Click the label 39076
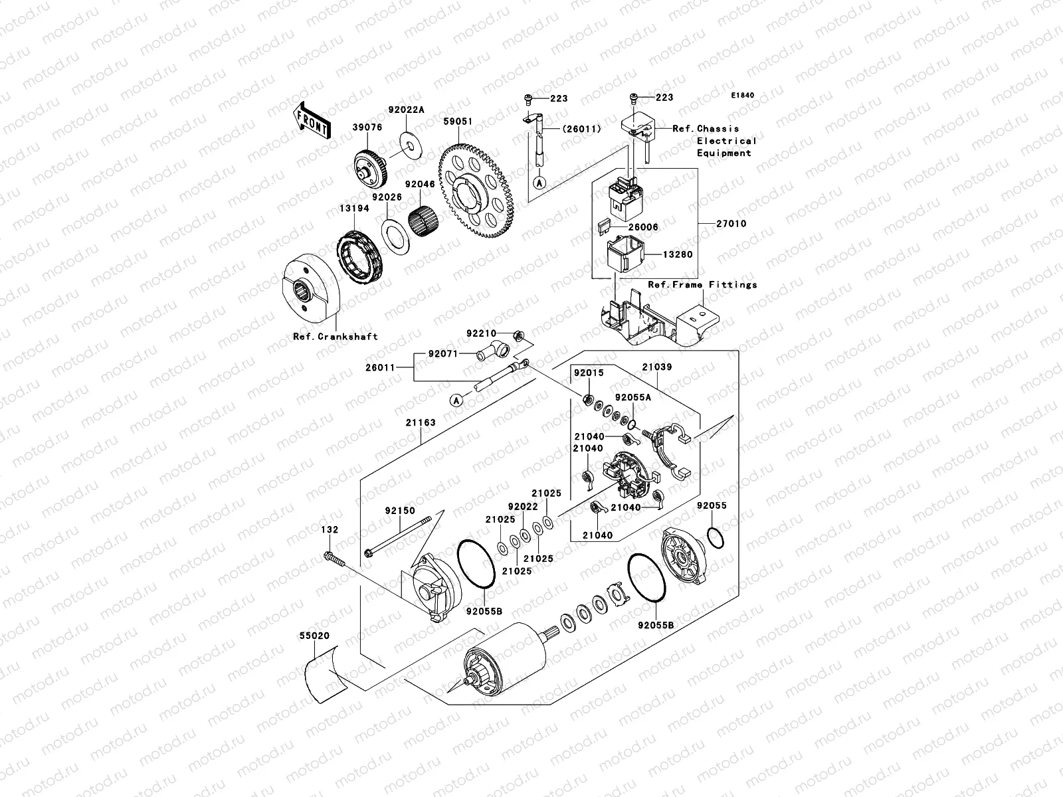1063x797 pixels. (x=367, y=128)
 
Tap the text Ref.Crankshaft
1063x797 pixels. (x=336, y=337)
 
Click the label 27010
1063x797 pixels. (x=731, y=224)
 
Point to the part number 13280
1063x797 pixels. (x=679, y=254)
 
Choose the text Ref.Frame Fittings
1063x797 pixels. (x=702, y=285)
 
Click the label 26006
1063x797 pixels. (x=643, y=227)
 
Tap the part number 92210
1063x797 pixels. (x=481, y=333)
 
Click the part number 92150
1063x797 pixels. (x=399, y=511)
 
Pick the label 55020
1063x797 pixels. (x=314, y=636)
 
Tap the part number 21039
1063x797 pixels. (x=656, y=367)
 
